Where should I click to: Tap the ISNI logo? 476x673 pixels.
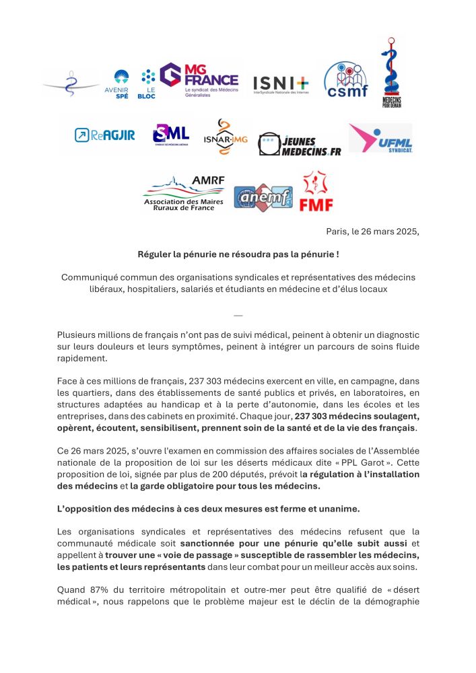281,84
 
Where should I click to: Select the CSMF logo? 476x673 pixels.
346,80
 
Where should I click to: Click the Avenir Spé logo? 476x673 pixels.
121,84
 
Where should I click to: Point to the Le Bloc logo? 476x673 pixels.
147,84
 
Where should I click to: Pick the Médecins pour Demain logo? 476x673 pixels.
392,73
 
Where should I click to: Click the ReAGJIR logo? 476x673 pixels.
104,135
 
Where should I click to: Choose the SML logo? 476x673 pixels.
171,134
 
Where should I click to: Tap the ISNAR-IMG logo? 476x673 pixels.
226,137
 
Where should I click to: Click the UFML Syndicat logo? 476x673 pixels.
380,138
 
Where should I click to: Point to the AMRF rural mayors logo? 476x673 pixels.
184,194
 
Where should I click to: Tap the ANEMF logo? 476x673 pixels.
263,197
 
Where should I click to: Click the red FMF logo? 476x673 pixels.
316,191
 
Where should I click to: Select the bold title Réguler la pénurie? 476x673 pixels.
238,254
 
